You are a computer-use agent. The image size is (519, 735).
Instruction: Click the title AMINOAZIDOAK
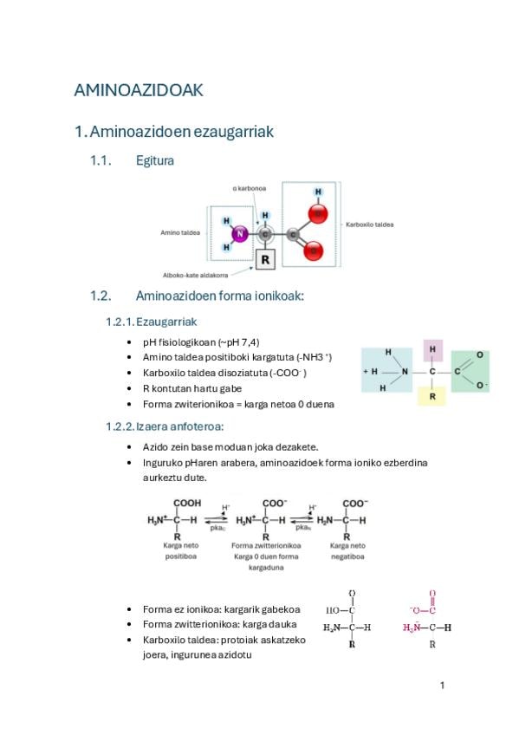[139, 90]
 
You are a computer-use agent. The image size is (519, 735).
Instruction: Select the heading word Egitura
[154, 160]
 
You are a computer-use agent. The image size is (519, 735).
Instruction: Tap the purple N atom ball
[240, 233]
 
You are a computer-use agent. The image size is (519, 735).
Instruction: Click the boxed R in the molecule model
[265, 259]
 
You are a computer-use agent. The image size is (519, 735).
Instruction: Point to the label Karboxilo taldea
[370, 224]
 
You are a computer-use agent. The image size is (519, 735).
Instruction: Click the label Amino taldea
[180, 232]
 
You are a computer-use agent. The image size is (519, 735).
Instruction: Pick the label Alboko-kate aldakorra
[195, 275]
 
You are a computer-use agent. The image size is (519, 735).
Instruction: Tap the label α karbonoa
[250, 188]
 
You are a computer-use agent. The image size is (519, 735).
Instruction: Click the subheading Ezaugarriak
[166, 322]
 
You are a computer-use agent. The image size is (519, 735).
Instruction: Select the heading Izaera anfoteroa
[180, 426]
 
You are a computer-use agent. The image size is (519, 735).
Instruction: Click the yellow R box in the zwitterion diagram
[431, 396]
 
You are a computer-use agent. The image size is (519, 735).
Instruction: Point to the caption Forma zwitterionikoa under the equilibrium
[266, 546]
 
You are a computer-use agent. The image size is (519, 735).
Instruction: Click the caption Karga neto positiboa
[181, 550]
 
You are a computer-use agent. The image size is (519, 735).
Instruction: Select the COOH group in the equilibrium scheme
[187, 503]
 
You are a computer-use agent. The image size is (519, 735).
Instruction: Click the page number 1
[442, 686]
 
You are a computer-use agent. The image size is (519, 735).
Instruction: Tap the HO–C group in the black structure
[341, 610]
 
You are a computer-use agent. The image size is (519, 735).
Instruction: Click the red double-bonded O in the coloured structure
[432, 594]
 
